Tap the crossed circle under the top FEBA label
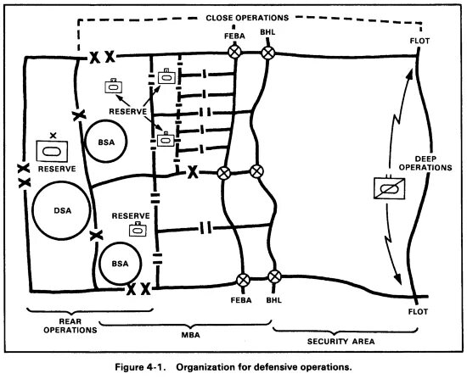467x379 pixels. point(234,53)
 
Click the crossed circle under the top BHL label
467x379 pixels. point(268,53)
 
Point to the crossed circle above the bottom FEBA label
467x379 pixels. point(245,278)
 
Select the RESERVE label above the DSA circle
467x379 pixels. point(52,169)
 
